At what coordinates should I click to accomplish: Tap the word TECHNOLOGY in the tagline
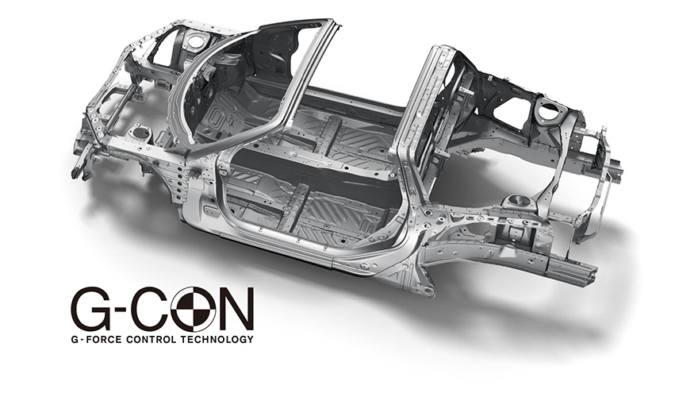pos(217,340)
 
